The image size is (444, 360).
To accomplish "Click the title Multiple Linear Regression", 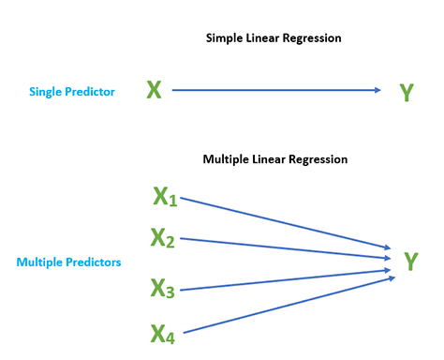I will pyautogui.click(x=275, y=159).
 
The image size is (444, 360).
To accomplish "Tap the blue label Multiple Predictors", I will pyautogui.click(x=68, y=262).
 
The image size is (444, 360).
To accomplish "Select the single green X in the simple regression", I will pyautogui.click(x=155, y=90).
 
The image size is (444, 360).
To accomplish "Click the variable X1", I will pyautogui.click(x=165, y=197).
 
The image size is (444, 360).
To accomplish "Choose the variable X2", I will pyautogui.click(x=163, y=238).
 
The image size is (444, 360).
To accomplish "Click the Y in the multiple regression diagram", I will pyautogui.click(x=410, y=262).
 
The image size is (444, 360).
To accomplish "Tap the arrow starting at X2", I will pyautogui.click(x=281, y=246).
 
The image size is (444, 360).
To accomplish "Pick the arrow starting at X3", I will pyautogui.click(x=281, y=281).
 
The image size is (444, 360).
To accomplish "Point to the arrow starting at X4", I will pyautogui.click(x=281, y=305).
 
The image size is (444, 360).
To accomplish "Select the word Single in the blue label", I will pyautogui.click(x=47, y=92).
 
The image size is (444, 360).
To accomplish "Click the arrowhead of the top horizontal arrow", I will pyautogui.click(x=377, y=90).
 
